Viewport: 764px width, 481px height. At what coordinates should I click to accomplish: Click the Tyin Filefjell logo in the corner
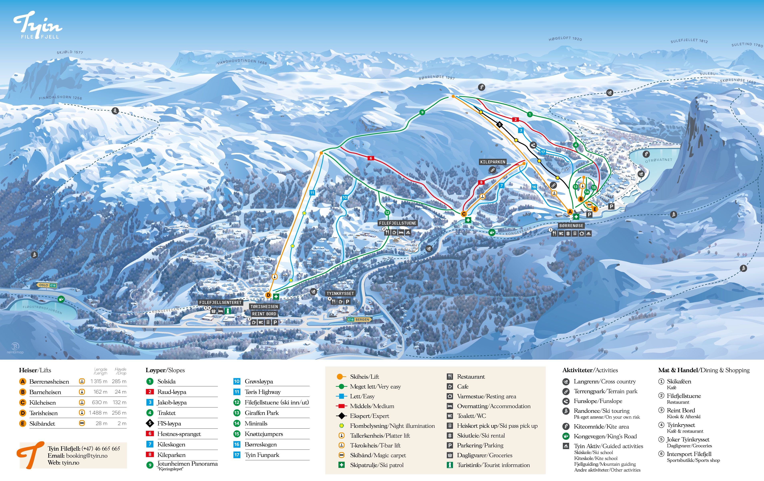37,25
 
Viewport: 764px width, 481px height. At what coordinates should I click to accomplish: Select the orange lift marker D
268,295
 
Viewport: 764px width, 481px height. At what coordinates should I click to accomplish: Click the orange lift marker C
464,214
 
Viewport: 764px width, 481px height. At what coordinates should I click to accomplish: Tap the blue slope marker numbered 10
345,197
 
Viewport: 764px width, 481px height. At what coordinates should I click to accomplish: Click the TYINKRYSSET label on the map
340,294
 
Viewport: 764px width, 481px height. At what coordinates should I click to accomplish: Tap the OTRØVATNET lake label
659,160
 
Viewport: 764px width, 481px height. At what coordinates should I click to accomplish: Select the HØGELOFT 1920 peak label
565,38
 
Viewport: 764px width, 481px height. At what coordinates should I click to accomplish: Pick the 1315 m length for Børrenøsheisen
99,381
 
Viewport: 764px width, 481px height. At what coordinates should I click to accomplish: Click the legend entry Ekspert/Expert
369,416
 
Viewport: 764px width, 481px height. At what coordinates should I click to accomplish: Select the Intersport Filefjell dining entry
689,454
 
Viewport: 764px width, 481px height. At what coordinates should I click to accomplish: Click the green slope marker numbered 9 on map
422,112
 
